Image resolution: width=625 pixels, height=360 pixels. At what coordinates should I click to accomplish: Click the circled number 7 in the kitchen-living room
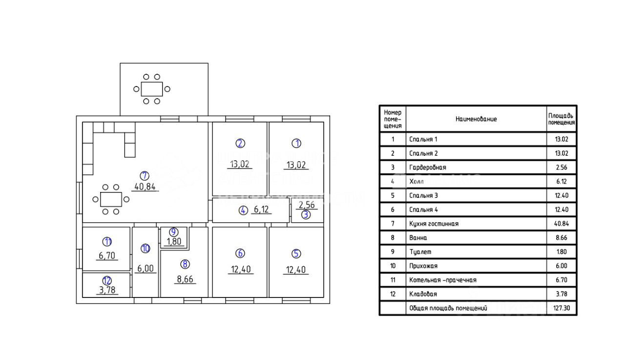point(145,175)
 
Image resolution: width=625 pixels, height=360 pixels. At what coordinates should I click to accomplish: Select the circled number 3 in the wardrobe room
point(305,214)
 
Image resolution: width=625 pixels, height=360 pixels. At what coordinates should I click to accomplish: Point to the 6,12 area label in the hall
point(261,210)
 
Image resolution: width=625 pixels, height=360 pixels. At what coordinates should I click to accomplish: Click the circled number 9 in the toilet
point(173,232)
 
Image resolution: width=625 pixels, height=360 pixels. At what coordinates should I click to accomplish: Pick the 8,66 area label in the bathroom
point(185,280)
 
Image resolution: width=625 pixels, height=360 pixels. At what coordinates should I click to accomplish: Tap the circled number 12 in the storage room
point(107,280)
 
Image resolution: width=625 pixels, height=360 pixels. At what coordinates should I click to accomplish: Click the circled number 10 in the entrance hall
point(145,249)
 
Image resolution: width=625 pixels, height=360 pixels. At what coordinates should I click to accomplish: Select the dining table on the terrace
point(152,89)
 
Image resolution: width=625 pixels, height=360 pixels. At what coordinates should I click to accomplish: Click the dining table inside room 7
point(111,199)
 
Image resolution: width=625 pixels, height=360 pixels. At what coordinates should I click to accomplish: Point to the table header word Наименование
point(476,119)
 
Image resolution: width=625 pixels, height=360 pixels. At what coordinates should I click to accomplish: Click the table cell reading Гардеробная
point(427,167)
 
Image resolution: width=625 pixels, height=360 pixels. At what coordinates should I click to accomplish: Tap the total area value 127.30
point(562,309)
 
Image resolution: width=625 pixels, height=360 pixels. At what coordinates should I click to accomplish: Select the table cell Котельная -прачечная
point(442,280)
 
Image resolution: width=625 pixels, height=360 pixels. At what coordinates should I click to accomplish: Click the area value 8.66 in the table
point(562,238)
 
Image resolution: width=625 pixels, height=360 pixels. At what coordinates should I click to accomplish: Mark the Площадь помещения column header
point(562,119)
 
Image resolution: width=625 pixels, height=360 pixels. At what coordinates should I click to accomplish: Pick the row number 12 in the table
point(393,295)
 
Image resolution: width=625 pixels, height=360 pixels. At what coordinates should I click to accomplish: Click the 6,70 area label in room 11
point(107,255)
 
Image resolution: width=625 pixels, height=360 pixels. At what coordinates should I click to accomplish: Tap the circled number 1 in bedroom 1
point(296,143)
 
